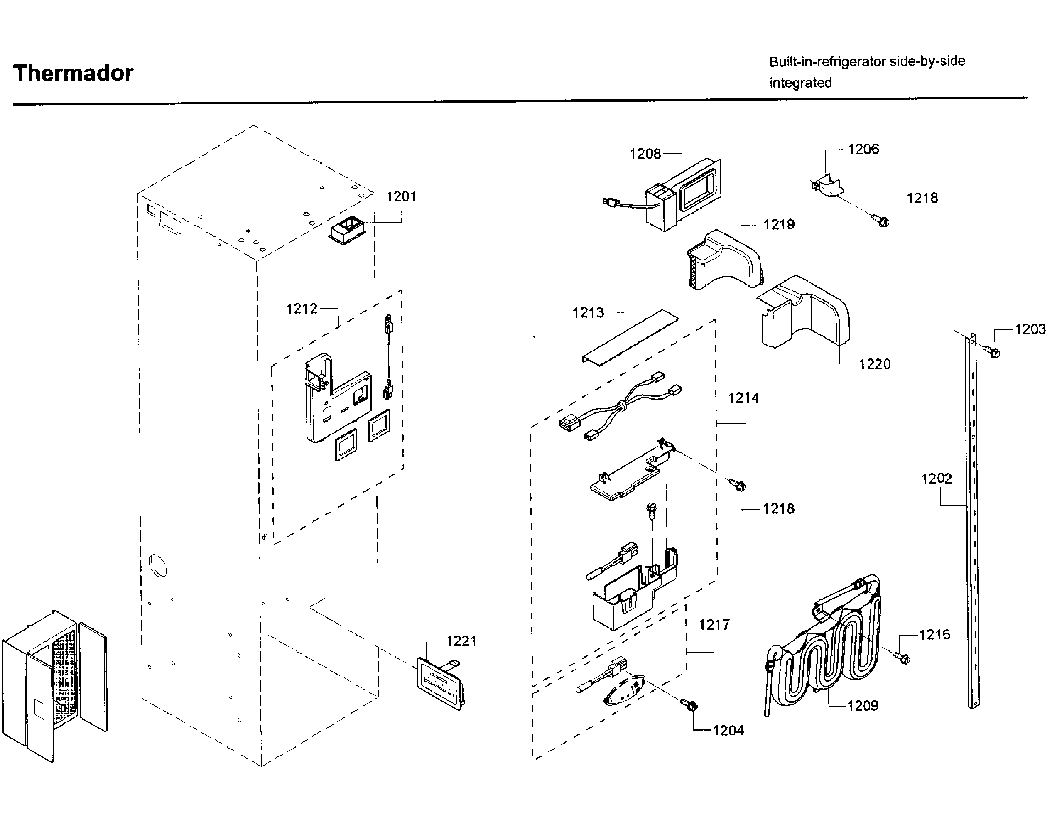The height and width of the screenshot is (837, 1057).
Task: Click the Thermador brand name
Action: click(73, 73)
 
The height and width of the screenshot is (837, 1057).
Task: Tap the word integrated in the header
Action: click(800, 83)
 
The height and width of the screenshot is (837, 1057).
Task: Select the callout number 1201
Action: click(401, 196)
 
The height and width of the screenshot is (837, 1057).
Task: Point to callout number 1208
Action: click(645, 155)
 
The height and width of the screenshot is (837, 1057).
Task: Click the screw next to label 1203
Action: click(993, 351)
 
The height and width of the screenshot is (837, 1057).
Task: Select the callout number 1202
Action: click(936, 478)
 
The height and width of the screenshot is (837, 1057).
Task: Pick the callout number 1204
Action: click(728, 731)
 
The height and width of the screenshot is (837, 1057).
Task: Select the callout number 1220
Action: click(874, 364)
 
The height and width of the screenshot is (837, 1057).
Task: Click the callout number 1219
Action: click(779, 224)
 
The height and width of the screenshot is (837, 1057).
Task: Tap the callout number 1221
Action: click(461, 641)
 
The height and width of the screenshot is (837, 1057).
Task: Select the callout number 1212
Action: click(302, 309)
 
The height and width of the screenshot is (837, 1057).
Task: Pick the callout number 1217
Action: click(714, 625)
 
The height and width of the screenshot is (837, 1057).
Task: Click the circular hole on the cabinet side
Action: click(158, 565)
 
